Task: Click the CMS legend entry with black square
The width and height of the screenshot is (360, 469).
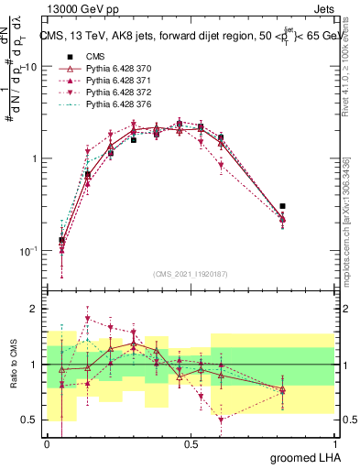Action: [83, 56]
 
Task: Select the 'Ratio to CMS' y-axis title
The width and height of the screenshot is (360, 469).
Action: [13, 365]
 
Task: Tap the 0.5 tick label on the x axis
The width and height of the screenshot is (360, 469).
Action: [191, 443]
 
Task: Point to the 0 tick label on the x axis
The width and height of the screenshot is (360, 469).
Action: [48, 443]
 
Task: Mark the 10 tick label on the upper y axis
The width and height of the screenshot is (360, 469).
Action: [31, 67]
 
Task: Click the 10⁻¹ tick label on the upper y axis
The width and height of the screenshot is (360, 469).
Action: [28, 249]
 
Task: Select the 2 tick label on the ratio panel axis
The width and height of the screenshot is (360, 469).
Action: [35, 309]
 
